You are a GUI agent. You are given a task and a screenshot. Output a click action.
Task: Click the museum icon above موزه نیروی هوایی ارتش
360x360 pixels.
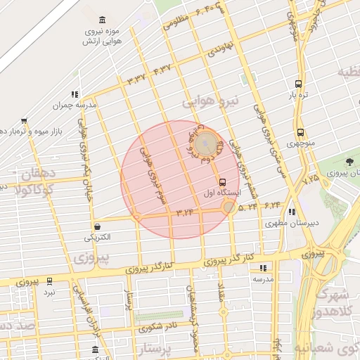(103, 19)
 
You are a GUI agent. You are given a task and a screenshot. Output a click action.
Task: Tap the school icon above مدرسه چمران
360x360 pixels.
(74, 94)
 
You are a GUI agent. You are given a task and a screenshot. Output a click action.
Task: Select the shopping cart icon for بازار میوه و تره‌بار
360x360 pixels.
(25, 120)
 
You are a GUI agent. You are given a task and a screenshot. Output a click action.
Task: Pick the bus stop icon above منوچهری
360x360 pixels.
(300, 131)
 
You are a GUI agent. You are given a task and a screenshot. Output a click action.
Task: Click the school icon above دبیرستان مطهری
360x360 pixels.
(292, 212)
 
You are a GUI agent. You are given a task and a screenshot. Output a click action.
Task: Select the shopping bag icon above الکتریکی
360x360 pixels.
(97, 226)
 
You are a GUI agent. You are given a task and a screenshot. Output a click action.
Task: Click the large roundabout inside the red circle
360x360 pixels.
(206, 145)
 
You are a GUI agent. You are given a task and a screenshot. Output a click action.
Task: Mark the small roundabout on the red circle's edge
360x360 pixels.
(229, 207)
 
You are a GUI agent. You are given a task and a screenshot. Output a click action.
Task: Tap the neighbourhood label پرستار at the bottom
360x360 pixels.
(162, 349)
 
